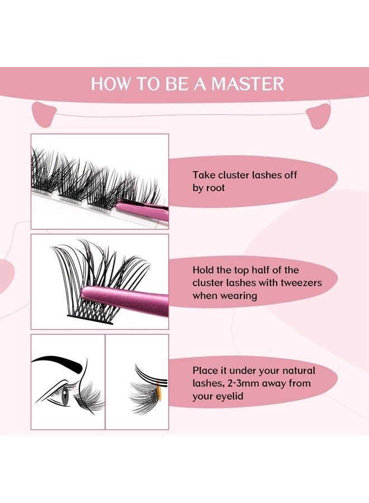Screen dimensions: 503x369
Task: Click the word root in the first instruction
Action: click(215, 188)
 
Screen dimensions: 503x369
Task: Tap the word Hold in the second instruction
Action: click(204, 270)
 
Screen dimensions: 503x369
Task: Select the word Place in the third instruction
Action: click(206, 371)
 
